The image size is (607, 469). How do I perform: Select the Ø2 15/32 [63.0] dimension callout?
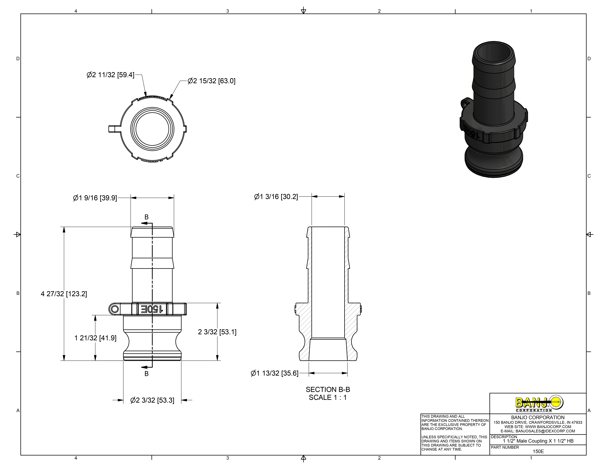pos(212,81)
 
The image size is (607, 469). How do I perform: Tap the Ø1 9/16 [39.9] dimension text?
pos(95,198)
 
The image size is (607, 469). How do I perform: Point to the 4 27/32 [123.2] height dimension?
pos(64,294)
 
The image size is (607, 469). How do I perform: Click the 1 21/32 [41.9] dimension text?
pos(95,338)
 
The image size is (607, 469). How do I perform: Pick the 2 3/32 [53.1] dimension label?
pos(217,332)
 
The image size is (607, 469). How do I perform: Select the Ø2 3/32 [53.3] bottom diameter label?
pos(152,400)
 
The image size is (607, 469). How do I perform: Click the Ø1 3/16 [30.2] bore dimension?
pos(276,197)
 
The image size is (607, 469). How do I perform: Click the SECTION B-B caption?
pos(328,390)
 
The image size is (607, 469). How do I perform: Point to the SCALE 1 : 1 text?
pos(328,398)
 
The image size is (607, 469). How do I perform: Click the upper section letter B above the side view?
pos(147,217)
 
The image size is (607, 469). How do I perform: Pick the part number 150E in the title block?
pos(538,452)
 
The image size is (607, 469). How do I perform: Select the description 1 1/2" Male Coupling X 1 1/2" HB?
pos(538,441)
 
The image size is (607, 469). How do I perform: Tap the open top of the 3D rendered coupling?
pos(494,53)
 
